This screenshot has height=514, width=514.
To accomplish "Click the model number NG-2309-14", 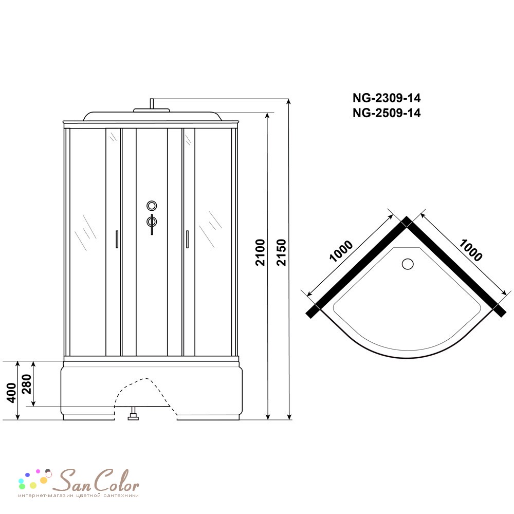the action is (387, 98).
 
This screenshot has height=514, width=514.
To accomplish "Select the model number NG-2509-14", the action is (387, 113).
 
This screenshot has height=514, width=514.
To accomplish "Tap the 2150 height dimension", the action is (281, 252).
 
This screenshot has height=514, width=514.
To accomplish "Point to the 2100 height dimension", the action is (260, 252).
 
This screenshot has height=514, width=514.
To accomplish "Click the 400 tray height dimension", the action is (11, 392).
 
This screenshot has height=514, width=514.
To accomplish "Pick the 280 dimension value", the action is (26, 384).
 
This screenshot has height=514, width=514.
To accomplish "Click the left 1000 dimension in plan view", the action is (341, 251).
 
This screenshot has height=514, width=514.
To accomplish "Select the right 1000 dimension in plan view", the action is (470, 250).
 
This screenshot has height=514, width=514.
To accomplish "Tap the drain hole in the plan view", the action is (408, 264).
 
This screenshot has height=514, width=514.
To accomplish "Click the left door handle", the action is (117, 239).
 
